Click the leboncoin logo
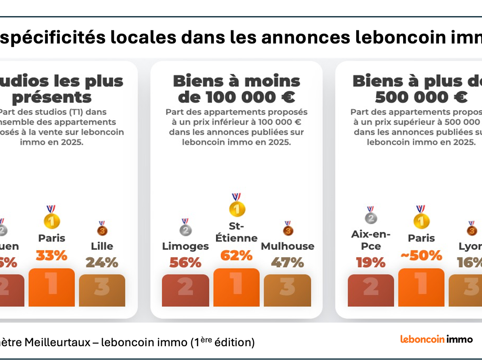coord(422,339)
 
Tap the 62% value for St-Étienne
coord(236,256)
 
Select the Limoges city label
coord(185,246)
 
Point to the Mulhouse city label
coord(287,246)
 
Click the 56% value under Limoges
coord(185,262)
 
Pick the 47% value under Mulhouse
coord(287,262)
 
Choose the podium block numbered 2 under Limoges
coord(185,290)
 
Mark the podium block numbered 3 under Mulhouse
coord(287,290)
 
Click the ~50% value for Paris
coord(421,256)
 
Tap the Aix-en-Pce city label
coord(371,240)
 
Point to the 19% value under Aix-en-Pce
coord(371,262)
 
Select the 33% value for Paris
coord(51,256)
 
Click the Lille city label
coord(102,246)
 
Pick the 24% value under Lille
coord(102,262)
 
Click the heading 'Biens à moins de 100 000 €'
coord(236,89)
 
